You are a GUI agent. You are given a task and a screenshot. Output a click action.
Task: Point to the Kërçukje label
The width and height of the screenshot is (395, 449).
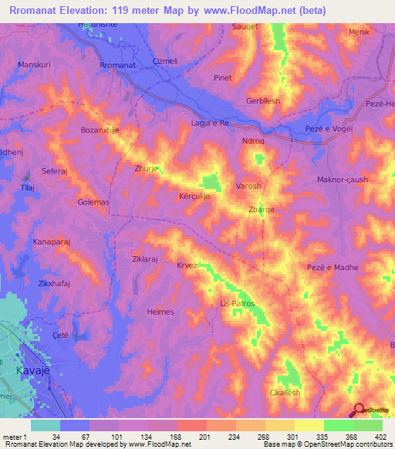(194, 197)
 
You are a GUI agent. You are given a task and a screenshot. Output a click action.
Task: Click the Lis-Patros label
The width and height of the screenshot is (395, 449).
(238, 303)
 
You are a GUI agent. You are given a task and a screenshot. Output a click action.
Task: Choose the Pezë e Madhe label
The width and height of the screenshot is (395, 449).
(333, 267)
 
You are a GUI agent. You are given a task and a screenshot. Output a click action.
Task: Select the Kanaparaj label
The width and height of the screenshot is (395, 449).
(52, 242)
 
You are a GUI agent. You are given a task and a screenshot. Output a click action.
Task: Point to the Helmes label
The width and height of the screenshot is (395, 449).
(161, 312)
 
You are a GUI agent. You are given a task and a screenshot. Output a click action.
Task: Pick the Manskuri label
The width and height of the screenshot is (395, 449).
(34, 65)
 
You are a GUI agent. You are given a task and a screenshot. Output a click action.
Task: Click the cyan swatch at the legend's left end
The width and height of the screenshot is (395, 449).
(45, 425)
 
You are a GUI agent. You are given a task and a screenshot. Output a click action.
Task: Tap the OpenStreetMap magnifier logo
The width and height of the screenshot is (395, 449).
(360, 409)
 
